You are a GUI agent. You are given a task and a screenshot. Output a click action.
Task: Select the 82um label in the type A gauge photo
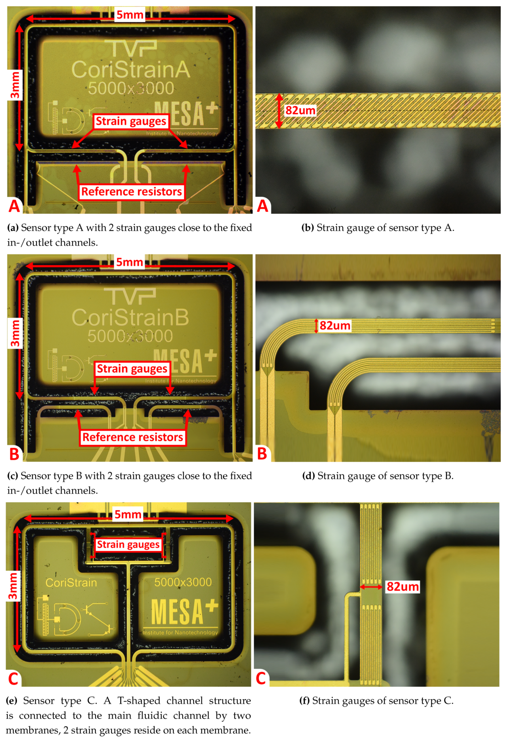coord(300,111)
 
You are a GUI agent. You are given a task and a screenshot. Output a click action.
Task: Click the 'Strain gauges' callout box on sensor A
coord(131,121)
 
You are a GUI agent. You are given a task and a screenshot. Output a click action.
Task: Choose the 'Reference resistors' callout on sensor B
coord(133,437)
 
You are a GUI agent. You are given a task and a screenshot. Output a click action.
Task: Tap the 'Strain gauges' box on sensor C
coord(128,545)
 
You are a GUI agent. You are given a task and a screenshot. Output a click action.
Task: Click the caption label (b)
coord(307,228)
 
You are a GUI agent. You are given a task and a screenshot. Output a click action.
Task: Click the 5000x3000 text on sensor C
coord(183,582)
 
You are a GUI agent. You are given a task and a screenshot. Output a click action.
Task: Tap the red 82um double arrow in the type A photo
coord(279,111)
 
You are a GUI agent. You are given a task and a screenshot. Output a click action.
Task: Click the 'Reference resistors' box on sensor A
coord(131,192)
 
